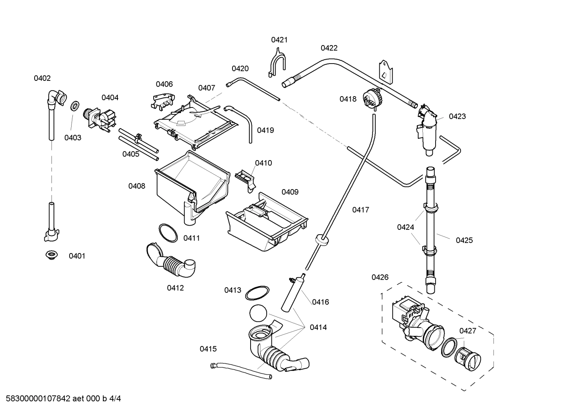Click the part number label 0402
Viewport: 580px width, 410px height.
tap(42, 78)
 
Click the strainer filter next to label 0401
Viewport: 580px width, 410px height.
tap(51, 255)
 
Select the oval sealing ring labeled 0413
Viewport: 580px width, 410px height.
tap(257, 293)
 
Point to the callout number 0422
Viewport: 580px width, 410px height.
tap(329, 48)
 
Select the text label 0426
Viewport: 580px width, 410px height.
tap(380, 277)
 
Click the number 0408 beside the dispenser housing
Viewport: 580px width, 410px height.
tap(137, 186)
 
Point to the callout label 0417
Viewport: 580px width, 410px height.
tap(360, 210)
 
